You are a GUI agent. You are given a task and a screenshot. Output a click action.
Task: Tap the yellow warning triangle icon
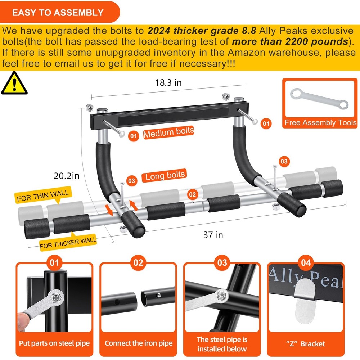pyautogui.click(x=14, y=83)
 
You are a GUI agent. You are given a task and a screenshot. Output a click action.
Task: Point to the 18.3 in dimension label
pyautogui.click(x=168, y=82)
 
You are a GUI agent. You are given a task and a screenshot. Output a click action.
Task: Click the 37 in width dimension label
pyautogui.click(x=213, y=235)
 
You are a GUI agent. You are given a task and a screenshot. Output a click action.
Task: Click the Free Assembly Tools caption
pyautogui.click(x=320, y=123)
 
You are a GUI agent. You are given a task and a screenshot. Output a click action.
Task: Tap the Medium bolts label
pyautogui.click(x=168, y=132)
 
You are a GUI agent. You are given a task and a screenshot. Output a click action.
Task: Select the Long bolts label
pyautogui.click(x=165, y=176)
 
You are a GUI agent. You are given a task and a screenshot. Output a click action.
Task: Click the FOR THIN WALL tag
pyautogui.click(x=42, y=195)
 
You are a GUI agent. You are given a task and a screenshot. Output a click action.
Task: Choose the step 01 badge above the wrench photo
pyautogui.click(x=54, y=262)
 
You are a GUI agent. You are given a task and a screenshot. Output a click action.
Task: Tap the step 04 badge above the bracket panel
pyautogui.click(x=306, y=262)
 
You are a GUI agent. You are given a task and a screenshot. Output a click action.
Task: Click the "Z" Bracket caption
pyautogui.click(x=306, y=343)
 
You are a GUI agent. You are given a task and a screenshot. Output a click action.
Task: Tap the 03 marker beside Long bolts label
pyautogui.click(x=132, y=180)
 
